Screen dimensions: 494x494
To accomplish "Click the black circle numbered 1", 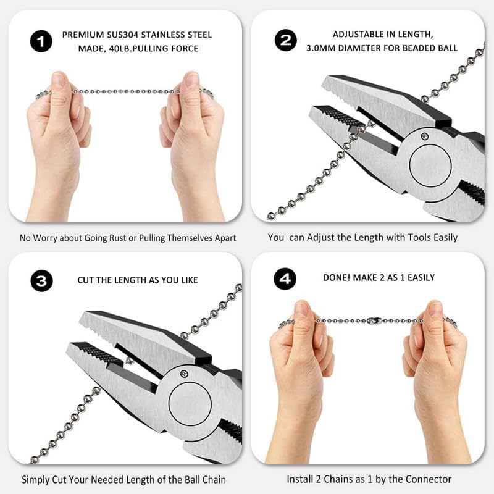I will (41, 42).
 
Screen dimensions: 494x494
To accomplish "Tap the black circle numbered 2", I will (285, 41).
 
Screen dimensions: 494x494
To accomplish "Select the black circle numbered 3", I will (41, 280).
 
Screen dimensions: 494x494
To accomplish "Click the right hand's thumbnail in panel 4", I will (435, 309).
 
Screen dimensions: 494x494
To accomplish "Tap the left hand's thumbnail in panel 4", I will (302, 309).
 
